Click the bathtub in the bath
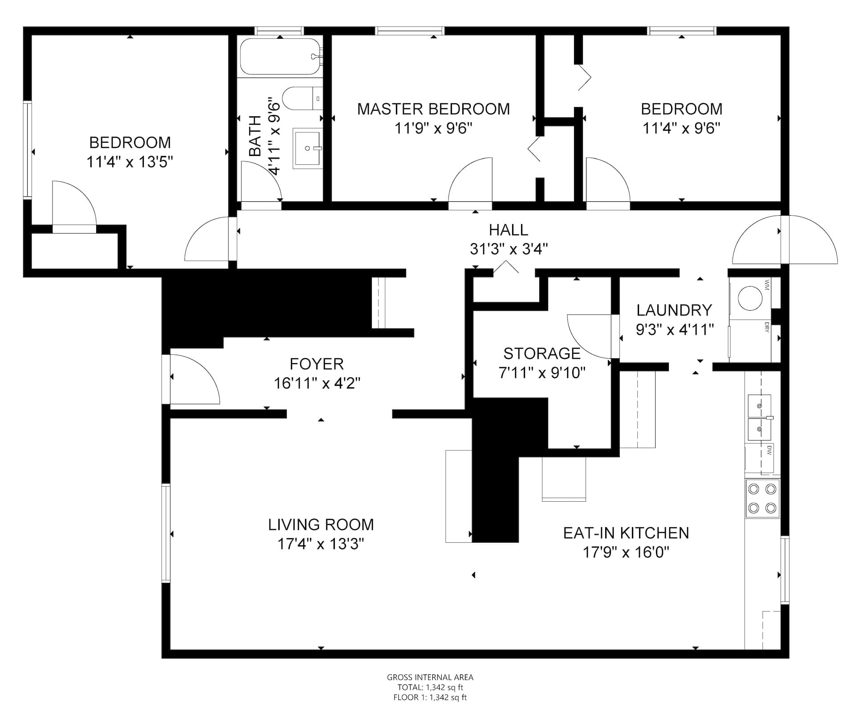[x=281, y=56]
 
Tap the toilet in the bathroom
[x=302, y=98]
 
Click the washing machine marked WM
[x=750, y=298]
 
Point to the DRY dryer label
[x=767, y=327]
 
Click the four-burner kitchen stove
[x=762, y=499]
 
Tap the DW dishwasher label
[x=769, y=451]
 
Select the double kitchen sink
[x=760, y=417]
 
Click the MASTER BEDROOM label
[x=433, y=109]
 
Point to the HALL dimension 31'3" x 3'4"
[x=509, y=249]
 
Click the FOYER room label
[x=317, y=364]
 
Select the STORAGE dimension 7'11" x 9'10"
[x=542, y=372]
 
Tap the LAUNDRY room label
[x=674, y=310]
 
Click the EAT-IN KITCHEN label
[x=626, y=533]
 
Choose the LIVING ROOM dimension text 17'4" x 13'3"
[x=321, y=544]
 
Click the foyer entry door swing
[x=195, y=379]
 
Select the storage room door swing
[x=590, y=336]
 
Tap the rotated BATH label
[x=255, y=136]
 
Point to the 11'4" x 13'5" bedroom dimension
[x=130, y=162]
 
